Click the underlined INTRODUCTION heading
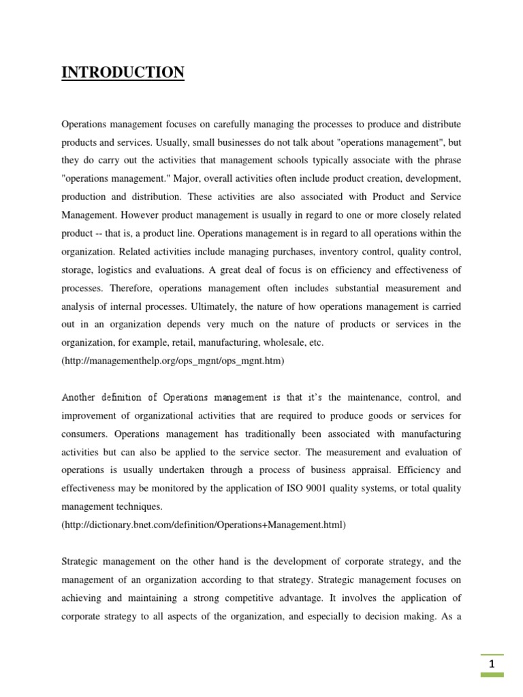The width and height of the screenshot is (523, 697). pos(123,72)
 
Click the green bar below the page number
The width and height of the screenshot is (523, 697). pos(492,675)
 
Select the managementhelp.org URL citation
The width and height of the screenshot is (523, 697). pos(173,361)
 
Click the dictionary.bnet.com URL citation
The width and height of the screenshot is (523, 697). pos(204,525)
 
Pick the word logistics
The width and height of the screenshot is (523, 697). pos(123,270)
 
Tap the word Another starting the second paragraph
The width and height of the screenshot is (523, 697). pos(79,398)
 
